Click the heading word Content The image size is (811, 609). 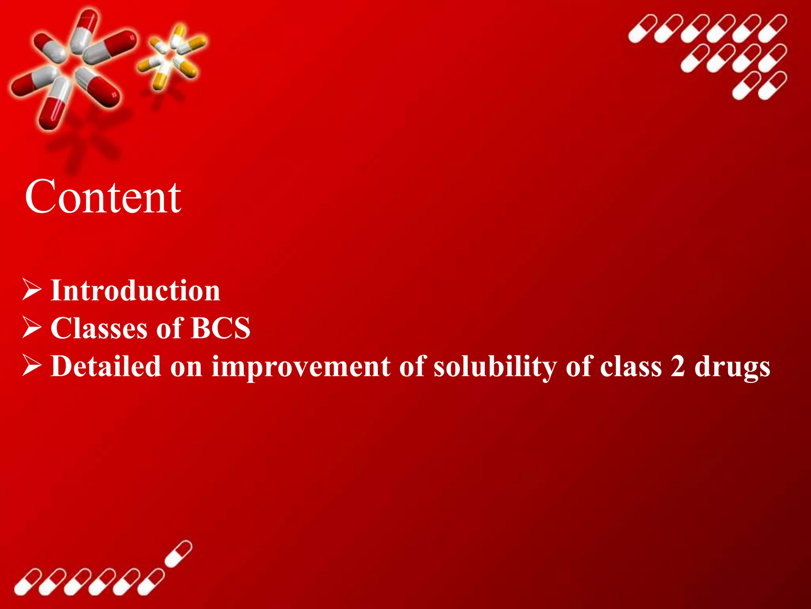[103, 197]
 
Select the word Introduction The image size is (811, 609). [135, 291]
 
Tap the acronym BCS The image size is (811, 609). [220, 328]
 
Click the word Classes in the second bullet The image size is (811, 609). [99, 328]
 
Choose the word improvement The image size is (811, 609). [301, 366]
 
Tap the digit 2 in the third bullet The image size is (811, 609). [678, 366]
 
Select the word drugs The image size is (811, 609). [732, 366]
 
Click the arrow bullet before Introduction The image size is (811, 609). [32, 290]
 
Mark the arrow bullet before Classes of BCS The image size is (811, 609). [32, 327]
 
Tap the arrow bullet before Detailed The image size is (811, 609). [32, 365]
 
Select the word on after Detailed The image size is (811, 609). [186, 366]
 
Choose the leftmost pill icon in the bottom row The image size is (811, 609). [28, 582]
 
